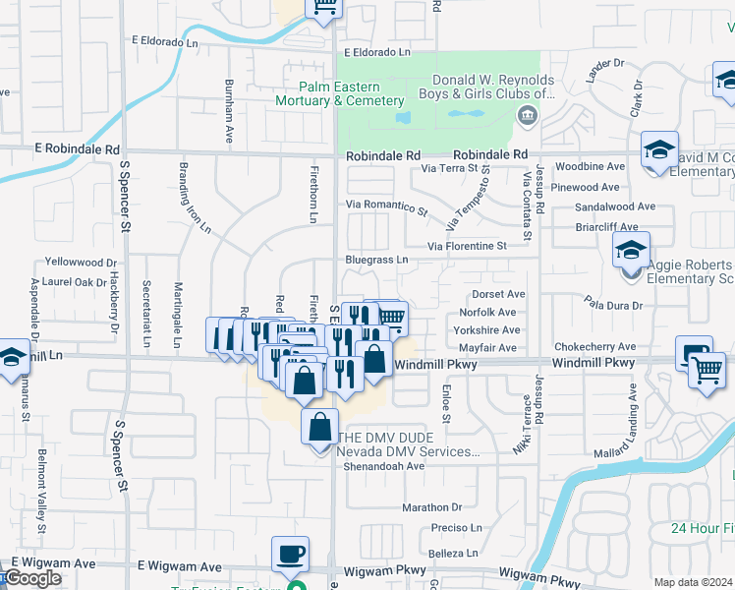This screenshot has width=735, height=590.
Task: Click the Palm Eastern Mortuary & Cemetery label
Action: pos(339,93)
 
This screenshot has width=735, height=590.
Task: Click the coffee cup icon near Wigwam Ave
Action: pos(290,555)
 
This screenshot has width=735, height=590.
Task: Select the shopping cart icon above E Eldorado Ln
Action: pos(322,7)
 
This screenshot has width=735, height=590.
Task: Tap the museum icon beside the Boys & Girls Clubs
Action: pos(528,117)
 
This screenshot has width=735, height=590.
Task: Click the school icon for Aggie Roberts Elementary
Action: pos(631,251)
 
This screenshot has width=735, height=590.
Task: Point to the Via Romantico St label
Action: pos(386,206)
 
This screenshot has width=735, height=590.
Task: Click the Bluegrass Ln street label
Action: pos(375,260)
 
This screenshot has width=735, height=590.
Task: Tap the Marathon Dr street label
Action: pos(431,508)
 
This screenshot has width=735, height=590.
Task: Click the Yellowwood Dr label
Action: pos(82,263)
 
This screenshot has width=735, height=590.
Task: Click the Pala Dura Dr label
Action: pos(612,306)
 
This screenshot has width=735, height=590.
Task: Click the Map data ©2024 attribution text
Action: pos(693,582)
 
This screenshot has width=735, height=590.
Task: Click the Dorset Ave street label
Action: pos(499,294)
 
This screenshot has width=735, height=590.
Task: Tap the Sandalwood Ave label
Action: pos(615,206)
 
